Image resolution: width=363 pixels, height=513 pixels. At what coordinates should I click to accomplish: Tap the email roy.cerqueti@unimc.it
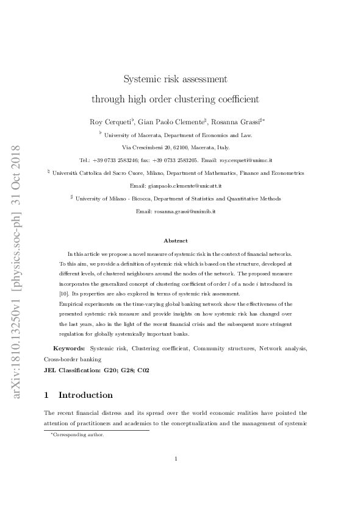pos(245,160)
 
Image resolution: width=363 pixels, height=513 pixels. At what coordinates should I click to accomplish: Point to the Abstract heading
pos(176,241)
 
